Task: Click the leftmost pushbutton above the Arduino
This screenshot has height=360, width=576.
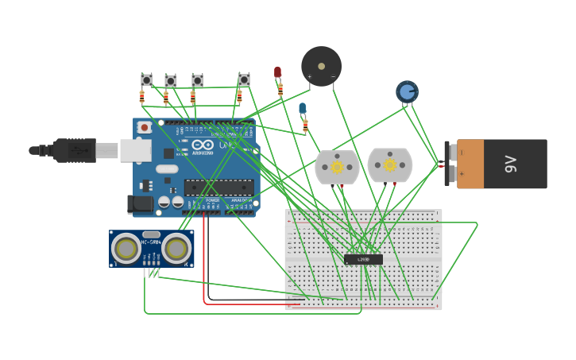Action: click(x=146, y=79)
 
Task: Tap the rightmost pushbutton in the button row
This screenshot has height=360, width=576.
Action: click(x=244, y=79)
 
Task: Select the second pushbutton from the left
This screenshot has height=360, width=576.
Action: click(x=171, y=80)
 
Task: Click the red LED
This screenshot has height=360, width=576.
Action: click(x=277, y=72)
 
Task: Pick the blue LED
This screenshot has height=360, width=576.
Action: click(x=302, y=108)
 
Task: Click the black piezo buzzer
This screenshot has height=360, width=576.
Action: click(x=321, y=66)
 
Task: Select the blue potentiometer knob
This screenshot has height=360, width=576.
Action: click(x=407, y=92)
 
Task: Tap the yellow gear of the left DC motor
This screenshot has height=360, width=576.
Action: click(x=337, y=167)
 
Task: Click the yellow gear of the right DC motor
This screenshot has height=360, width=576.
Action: click(x=389, y=165)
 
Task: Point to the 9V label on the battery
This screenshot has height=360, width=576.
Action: click(x=511, y=164)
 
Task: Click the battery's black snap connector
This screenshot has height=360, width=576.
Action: click(x=450, y=163)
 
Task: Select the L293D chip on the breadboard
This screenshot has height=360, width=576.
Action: click(x=363, y=259)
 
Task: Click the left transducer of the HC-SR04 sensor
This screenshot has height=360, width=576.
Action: click(x=126, y=249)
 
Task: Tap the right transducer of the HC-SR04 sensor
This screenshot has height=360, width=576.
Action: click(x=176, y=249)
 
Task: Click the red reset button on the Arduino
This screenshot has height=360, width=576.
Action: click(x=144, y=127)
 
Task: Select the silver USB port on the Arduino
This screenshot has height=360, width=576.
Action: click(x=136, y=150)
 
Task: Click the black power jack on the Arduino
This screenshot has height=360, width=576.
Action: click(x=141, y=204)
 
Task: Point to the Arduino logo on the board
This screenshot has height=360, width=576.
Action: click(x=203, y=145)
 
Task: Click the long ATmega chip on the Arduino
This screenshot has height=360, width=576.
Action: click(x=219, y=188)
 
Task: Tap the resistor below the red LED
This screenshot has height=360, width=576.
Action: click(x=280, y=90)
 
